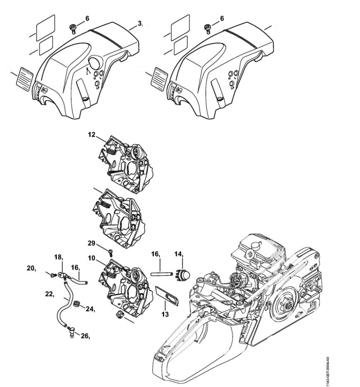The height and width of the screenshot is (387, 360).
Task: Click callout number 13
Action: [x=165, y=314]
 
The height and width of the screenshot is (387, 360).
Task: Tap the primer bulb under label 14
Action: [x=182, y=275]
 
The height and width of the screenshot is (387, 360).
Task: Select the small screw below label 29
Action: [x=111, y=252]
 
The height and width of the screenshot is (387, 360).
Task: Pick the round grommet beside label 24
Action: [x=76, y=304]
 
